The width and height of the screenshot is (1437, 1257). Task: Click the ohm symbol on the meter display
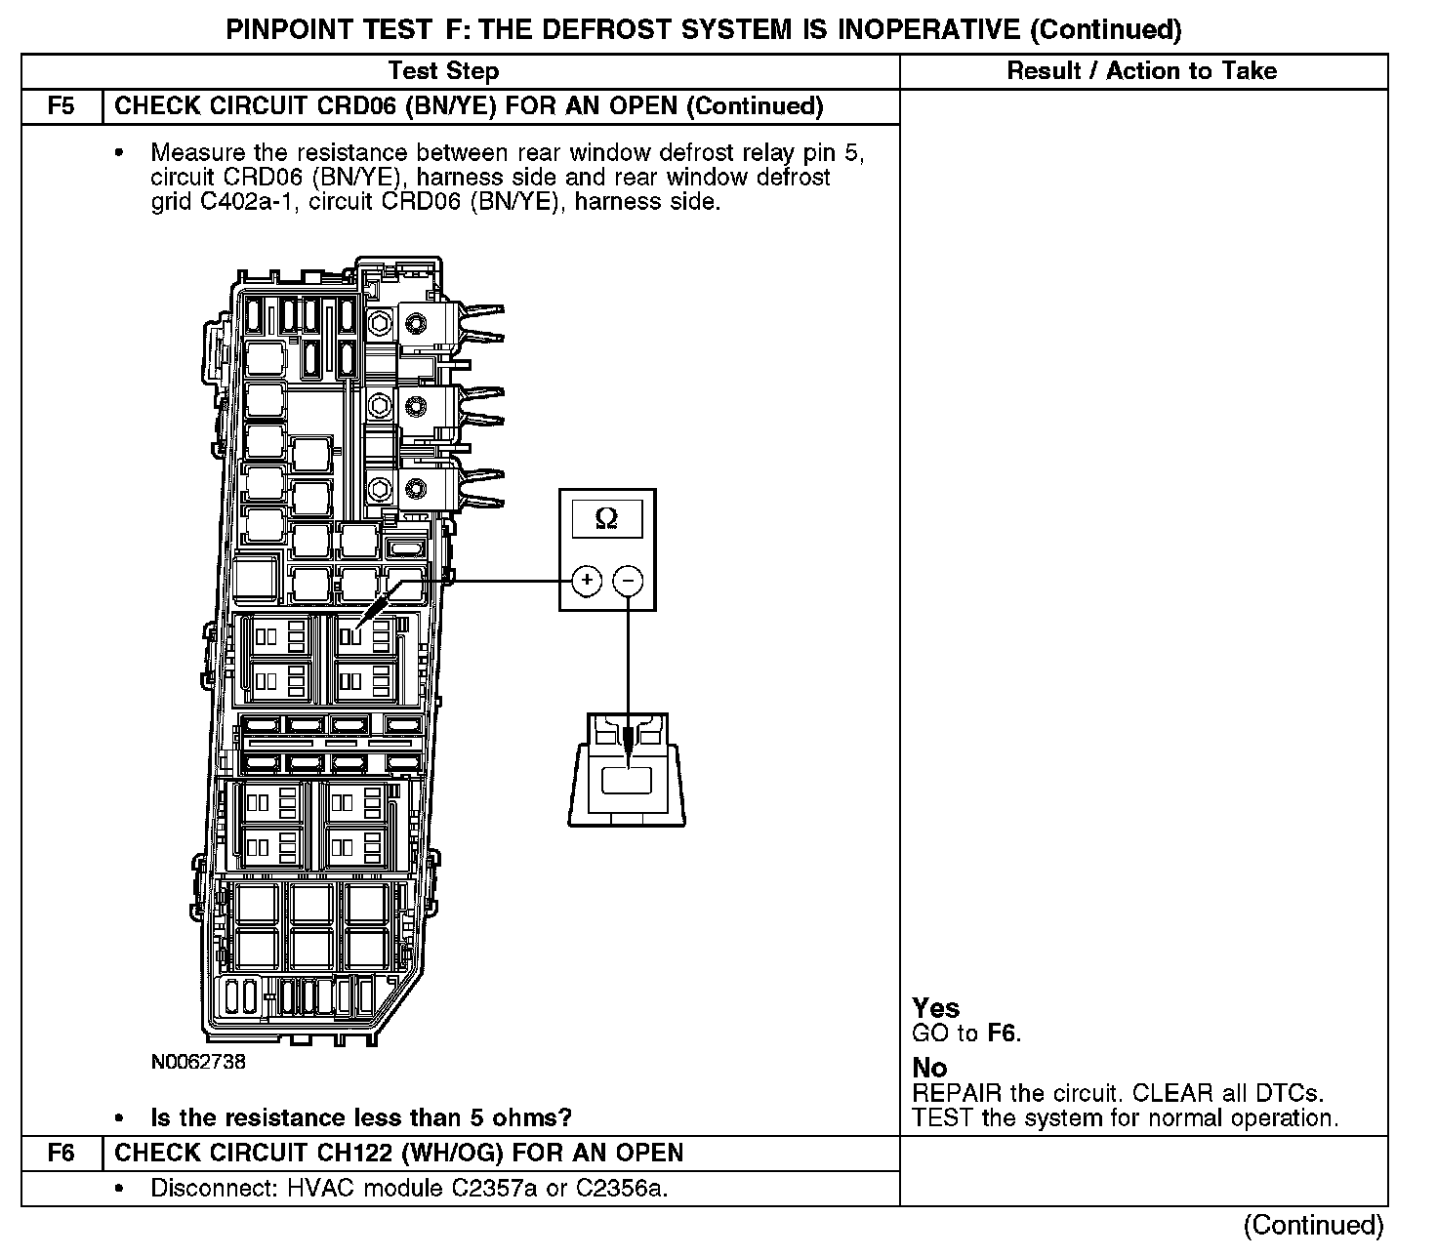(x=606, y=520)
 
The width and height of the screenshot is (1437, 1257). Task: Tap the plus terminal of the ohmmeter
(x=587, y=581)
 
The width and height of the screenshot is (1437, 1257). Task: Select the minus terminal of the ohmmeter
(x=628, y=581)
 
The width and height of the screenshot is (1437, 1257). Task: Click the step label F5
(x=61, y=106)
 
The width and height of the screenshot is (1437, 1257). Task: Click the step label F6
(x=61, y=1153)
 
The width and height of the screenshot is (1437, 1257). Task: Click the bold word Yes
(x=935, y=1008)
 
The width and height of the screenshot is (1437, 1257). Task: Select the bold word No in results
(x=929, y=1068)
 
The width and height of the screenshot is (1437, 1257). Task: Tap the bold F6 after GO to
(x=1003, y=1034)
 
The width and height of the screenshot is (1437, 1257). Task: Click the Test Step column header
(x=443, y=71)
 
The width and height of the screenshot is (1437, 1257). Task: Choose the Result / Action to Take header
(x=1141, y=71)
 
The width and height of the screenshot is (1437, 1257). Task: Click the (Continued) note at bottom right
(x=1313, y=1226)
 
